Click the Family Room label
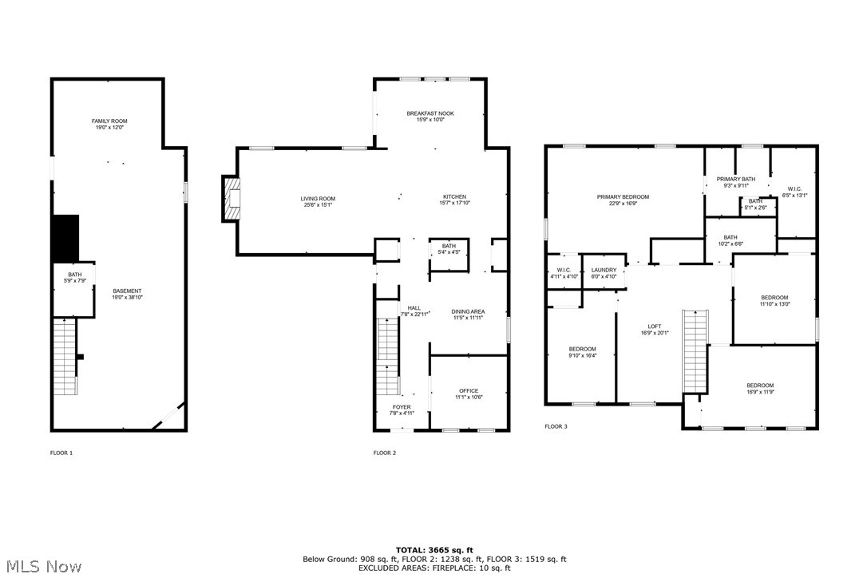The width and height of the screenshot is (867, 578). (109, 121)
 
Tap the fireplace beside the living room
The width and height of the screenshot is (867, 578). (232, 199)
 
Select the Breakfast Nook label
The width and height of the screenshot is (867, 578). (430, 114)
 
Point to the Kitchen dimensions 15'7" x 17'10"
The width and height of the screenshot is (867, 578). (455, 203)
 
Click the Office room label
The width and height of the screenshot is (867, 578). (469, 391)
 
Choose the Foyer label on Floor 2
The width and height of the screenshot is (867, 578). (401, 407)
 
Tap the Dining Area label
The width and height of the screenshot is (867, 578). (468, 312)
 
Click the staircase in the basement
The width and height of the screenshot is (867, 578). (65, 356)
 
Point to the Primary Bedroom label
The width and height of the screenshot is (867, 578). (623, 197)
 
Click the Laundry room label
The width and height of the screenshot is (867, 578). (604, 271)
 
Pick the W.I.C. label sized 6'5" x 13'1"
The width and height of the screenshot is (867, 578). (794, 189)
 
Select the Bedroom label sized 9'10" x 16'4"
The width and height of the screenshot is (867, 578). (582, 349)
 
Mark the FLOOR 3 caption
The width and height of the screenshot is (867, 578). (556, 426)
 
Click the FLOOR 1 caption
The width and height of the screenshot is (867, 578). (61, 453)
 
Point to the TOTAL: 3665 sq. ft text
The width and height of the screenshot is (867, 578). (434, 550)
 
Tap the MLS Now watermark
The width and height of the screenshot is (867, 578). (42, 567)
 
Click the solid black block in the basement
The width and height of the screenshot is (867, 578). (65, 238)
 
